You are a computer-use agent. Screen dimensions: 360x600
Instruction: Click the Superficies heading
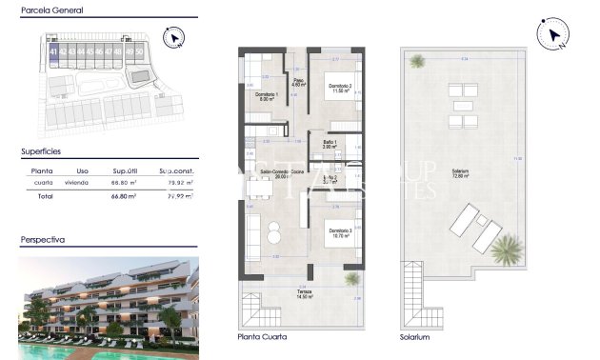(x=41, y=150)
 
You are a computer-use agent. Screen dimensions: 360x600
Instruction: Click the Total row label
(x=44, y=195)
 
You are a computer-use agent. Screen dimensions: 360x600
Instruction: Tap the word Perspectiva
(x=43, y=241)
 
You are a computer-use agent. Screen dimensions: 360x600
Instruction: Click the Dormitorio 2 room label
(x=334, y=87)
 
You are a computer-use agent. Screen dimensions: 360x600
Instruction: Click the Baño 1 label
(x=330, y=143)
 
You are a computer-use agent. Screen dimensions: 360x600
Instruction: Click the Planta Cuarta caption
(x=261, y=337)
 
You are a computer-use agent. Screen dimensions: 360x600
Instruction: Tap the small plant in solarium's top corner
(x=417, y=62)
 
